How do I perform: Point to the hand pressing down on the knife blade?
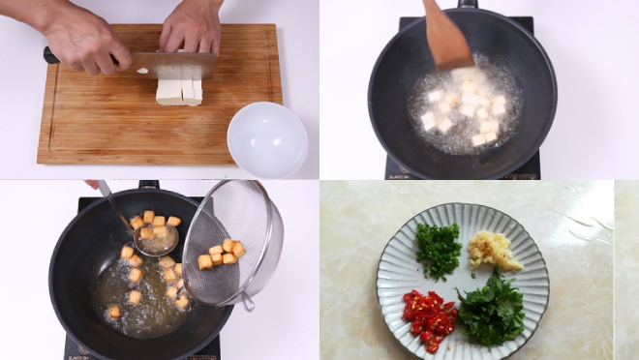click(191, 26)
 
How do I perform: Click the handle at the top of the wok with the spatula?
click(468, 4)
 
